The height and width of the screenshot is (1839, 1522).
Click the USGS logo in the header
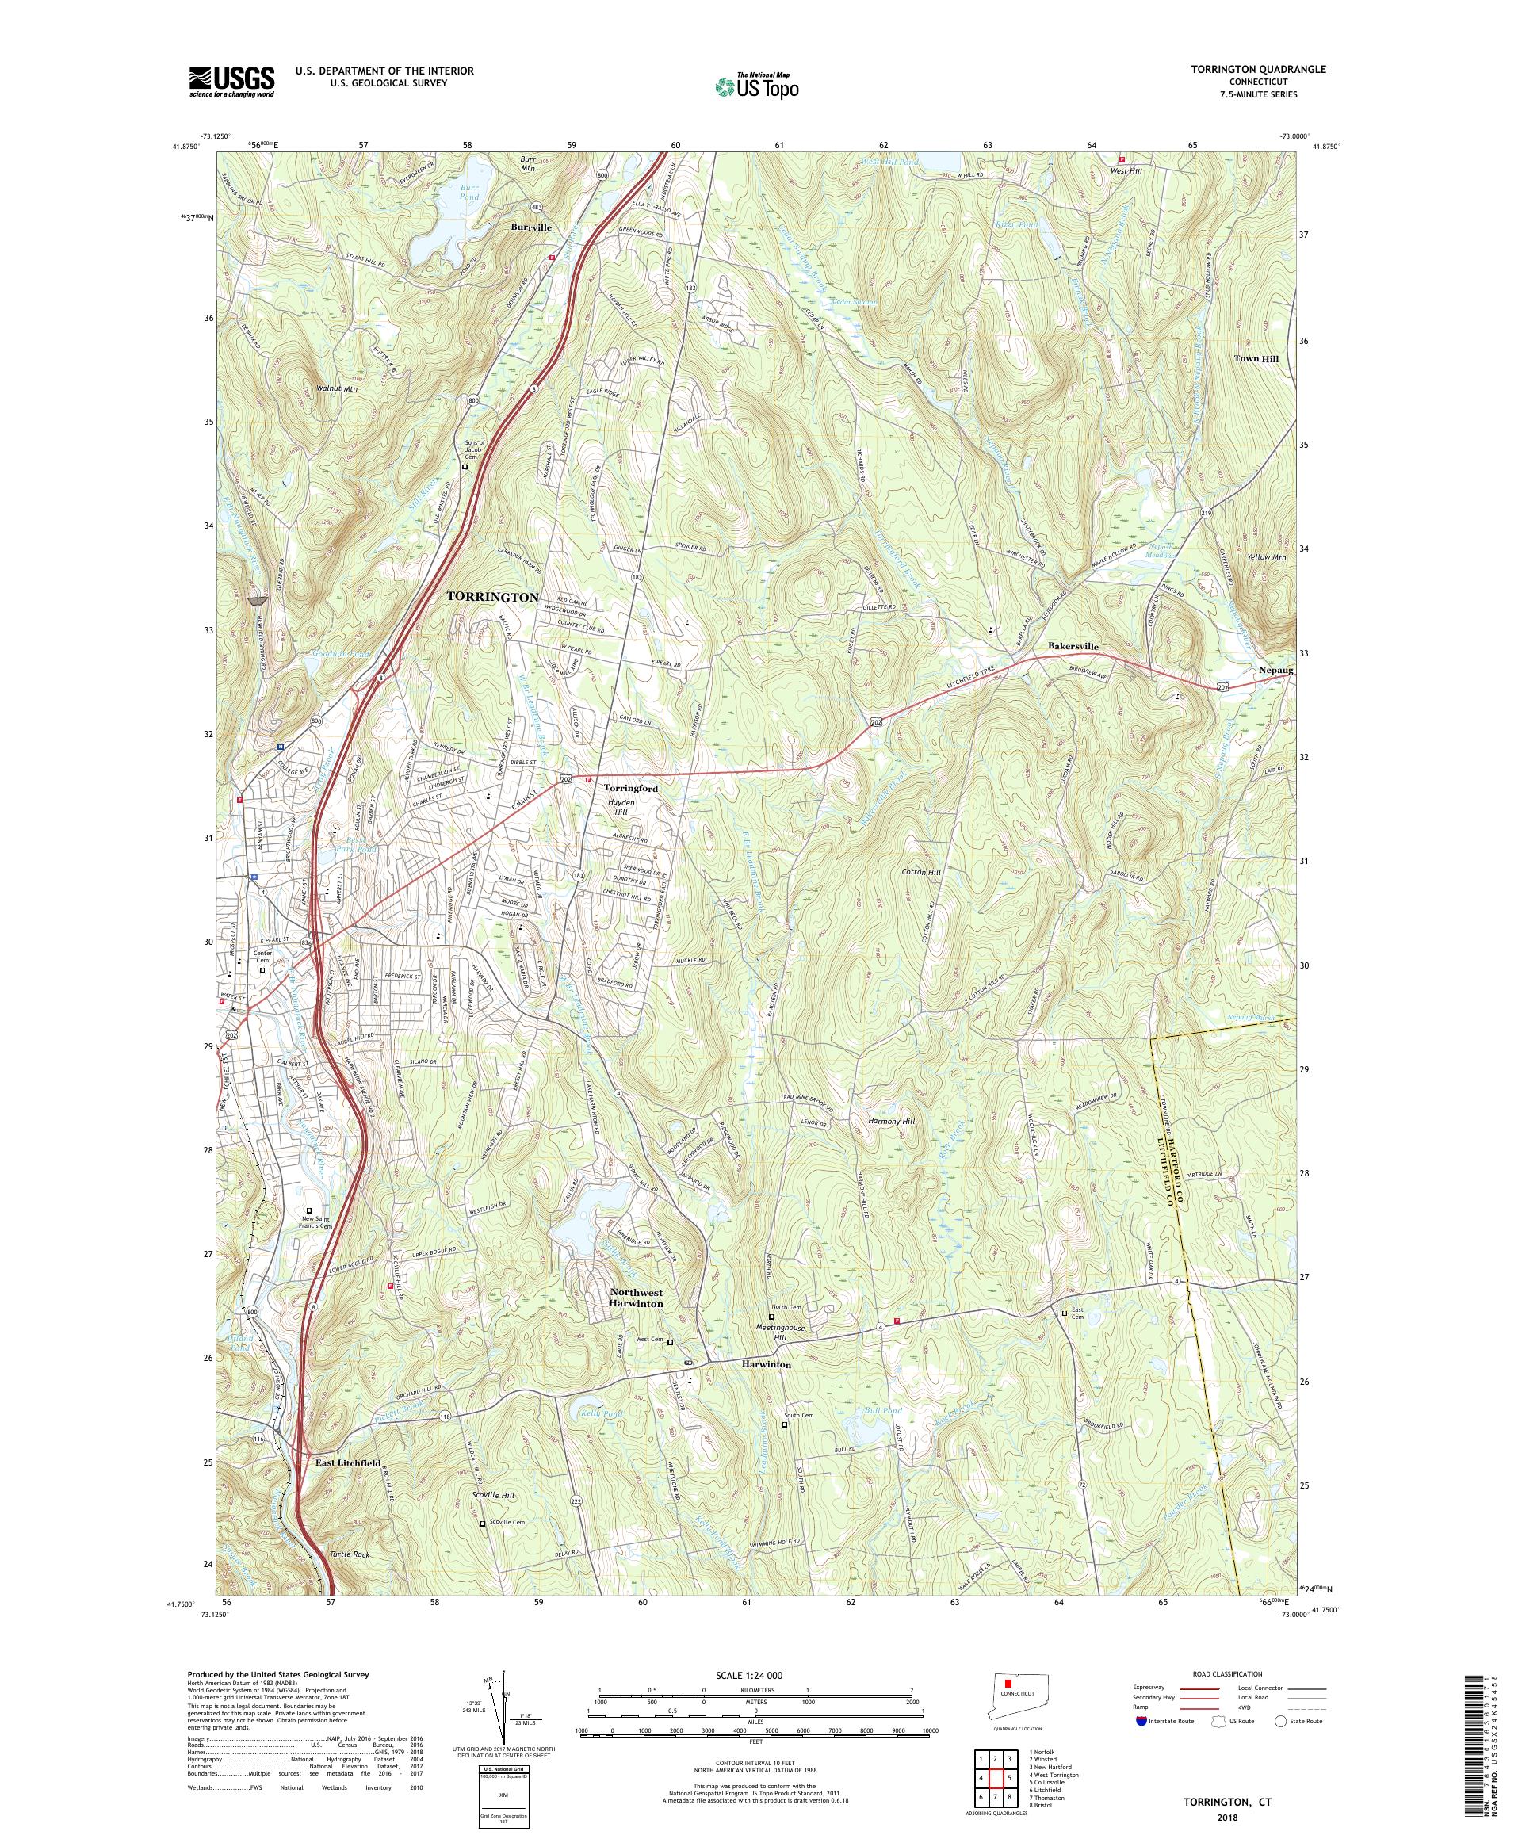232,82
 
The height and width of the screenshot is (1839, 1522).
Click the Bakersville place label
1073,645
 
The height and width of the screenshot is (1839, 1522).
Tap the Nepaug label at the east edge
1274,670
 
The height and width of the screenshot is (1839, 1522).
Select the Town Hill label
1256,359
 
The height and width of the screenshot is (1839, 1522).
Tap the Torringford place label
630,788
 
